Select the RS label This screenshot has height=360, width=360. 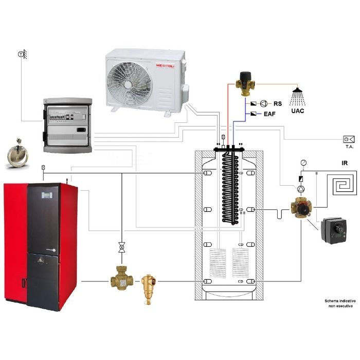point(278,103)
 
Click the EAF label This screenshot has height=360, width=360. point(269,114)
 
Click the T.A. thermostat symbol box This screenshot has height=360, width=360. point(348,139)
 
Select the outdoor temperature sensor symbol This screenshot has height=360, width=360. point(21,54)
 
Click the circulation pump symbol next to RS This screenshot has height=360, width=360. point(264,103)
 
